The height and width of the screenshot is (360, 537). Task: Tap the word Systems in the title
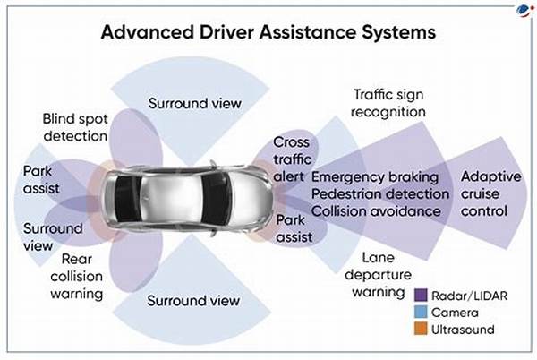(x=394, y=32)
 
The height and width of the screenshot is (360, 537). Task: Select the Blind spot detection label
(x=76, y=127)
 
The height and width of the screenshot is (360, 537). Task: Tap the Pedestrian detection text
(x=379, y=193)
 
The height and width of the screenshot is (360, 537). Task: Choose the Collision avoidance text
(x=376, y=210)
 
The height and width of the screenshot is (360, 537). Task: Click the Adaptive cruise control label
(x=491, y=193)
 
